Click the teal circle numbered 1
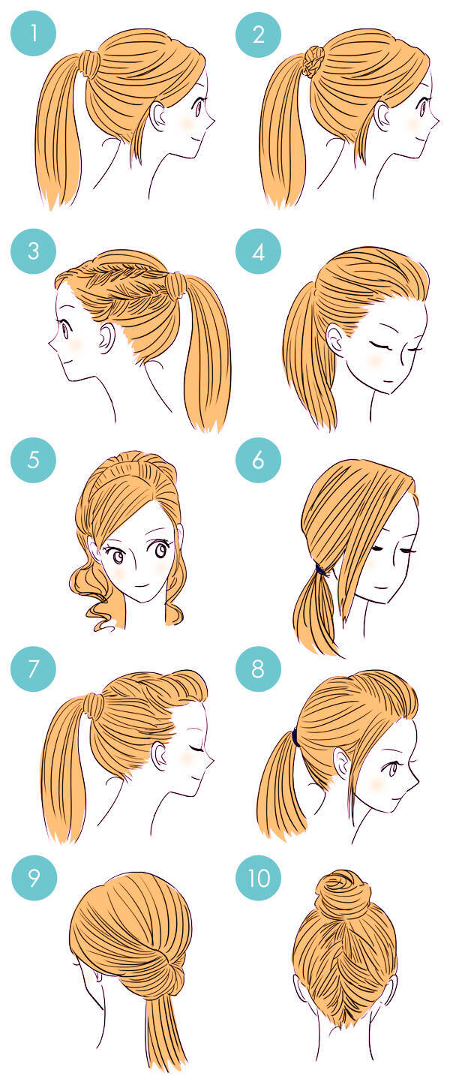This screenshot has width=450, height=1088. pos(33,34)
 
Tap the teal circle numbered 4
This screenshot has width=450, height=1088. pos(258,251)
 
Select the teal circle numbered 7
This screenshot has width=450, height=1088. pos(33,669)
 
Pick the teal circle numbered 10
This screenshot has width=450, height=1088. pos(258,878)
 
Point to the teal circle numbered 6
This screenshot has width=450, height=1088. pos(258,460)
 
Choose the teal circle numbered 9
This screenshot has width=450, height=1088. pos(33,878)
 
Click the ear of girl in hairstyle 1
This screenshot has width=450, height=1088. pos(157,115)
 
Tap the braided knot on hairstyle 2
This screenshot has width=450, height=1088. pos(312,62)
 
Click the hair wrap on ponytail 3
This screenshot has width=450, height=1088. pos(175,286)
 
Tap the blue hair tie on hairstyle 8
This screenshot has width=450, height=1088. pos(295,738)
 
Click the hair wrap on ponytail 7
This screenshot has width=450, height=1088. pos(93,706)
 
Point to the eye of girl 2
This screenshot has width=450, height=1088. pos(423,107)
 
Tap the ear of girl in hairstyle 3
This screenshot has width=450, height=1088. pos(106,337)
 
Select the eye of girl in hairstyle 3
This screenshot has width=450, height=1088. pos(65,329)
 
